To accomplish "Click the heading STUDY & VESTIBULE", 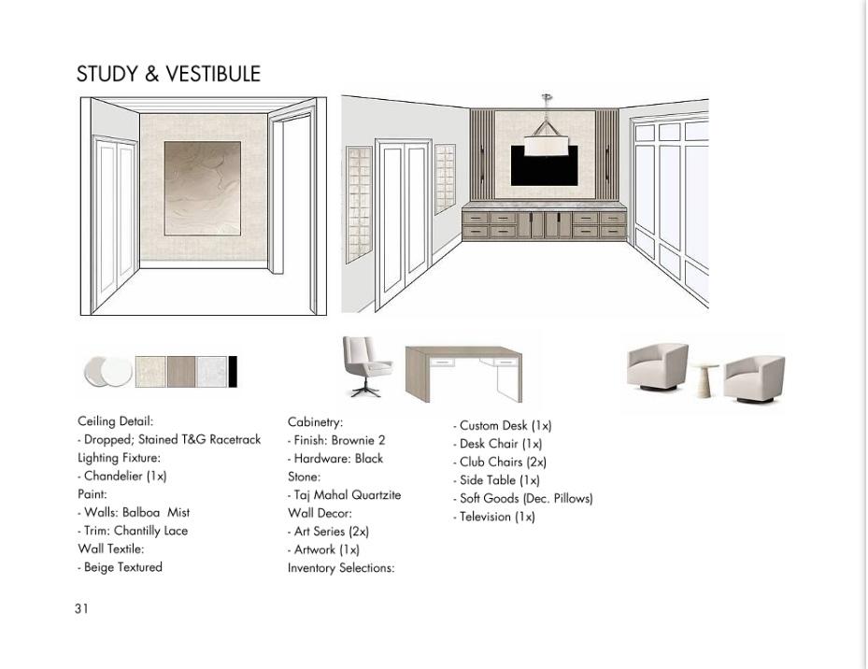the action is click(x=168, y=75).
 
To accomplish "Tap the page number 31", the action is click(x=81, y=608).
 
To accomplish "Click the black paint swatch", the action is click(x=233, y=371).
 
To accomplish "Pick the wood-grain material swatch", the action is click(x=181, y=371).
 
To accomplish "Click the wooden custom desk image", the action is click(x=463, y=372).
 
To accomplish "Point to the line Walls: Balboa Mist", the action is click(x=136, y=512).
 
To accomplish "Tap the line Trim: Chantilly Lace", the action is click(x=135, y=531).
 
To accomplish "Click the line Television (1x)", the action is click(x=496, y=517).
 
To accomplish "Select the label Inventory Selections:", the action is click(x=341, y=568).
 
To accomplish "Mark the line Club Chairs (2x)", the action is click(x=502, y=462).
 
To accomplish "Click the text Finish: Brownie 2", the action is click(x=338, y=440).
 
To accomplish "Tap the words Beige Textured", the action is click(x=122, y=567).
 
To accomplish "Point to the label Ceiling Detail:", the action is click(x=115, y=421).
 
